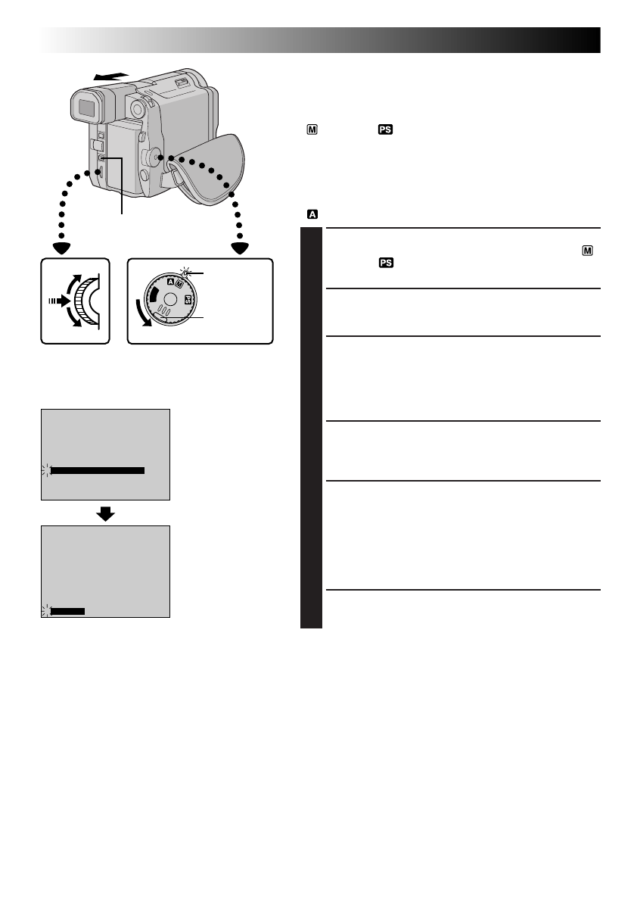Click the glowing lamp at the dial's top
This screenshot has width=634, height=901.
click(x=186, y=273)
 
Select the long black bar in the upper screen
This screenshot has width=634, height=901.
click(x=97, y=470)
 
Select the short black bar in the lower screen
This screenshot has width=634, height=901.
click(x=67, y=610)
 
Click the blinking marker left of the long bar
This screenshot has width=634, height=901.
click(x=45, y=470)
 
